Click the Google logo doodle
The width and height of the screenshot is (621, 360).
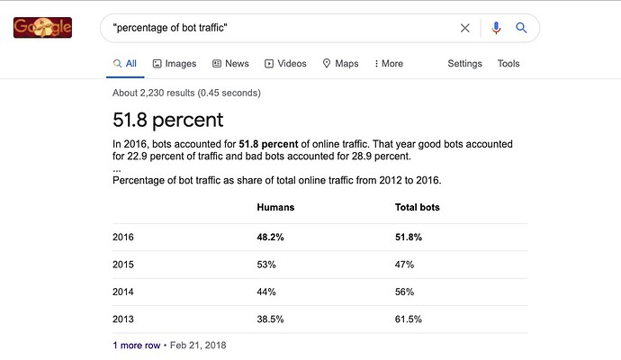[43, 28]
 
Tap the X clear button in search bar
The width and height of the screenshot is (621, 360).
[465, 28]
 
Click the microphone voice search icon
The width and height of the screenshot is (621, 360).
[496, 28]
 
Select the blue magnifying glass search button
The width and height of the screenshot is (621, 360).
[521, 28]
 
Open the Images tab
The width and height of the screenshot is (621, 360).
[175, 63]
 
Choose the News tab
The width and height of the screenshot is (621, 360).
[231, 63]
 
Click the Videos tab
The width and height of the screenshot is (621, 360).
[285, 63]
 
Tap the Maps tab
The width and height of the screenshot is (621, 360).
[340, 63]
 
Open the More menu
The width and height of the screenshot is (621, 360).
[389, 63]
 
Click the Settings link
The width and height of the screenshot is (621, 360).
[464, 63]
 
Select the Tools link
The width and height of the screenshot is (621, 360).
[508, 63]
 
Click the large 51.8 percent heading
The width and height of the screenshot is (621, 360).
[168, 120]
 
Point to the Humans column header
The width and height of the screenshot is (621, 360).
[275, 207]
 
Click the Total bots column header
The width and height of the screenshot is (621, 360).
[417, 207]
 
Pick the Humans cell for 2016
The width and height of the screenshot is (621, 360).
[270, 238]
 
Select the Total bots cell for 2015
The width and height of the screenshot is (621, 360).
[404, 265]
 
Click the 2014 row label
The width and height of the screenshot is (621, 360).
[123, 292]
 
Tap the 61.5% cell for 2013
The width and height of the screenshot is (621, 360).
[409, 319]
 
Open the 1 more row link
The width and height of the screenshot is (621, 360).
[137, 346]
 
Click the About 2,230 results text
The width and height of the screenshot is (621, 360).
[186, 93]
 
